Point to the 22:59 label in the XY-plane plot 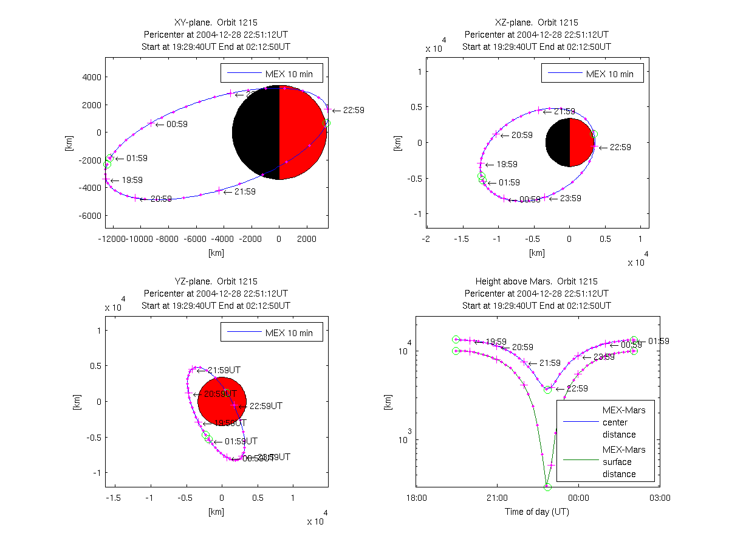(x=353, y=111)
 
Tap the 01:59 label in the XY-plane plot (x=137, y=158)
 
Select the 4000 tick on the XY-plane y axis (x=91, y=77)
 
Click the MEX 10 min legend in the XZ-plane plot (x=592, y=74)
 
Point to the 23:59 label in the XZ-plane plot (x=564, y=198)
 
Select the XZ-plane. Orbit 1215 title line (x=536, y=22)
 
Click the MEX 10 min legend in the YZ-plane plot (x=272, y=332)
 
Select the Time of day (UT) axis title (x=537, y=512)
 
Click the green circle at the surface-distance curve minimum (x=547, y=487)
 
